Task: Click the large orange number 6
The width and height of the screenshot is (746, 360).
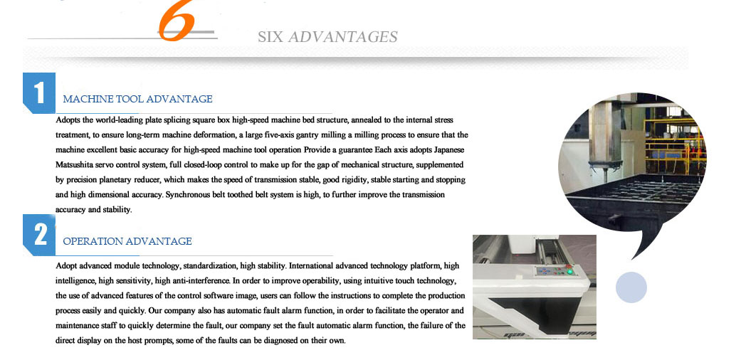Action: (176, 22)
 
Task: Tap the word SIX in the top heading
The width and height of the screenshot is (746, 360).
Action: (270, 37)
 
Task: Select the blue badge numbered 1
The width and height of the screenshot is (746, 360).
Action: (39, 92)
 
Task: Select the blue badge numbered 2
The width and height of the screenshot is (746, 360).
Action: (39, 234)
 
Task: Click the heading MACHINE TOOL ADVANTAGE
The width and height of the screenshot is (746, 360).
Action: (137, 99)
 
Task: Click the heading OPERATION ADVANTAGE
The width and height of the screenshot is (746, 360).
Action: (127, 241)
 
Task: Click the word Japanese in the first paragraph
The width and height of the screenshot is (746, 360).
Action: (448, 149)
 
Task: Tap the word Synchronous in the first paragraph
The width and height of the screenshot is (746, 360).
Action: (192, 194)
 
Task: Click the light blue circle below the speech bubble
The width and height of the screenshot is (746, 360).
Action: (631, 287)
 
